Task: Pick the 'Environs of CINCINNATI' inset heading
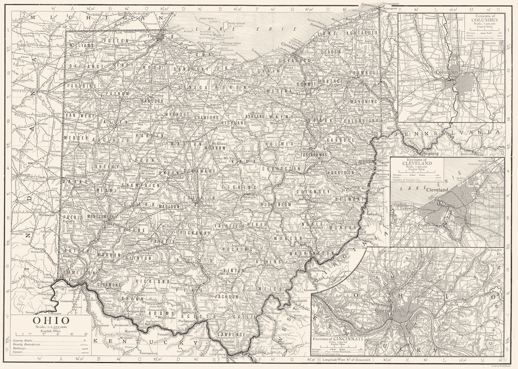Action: pos(338,339)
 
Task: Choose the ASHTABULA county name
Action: pos(362,33)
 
